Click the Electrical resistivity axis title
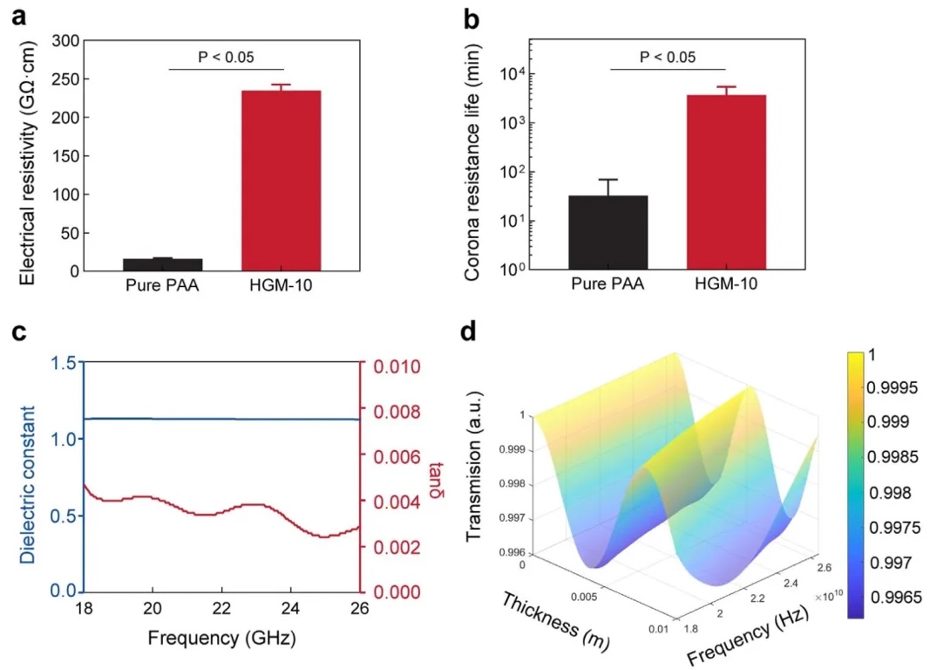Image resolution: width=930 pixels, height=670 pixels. point(27,156)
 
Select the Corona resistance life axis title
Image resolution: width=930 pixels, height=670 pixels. point(472,156)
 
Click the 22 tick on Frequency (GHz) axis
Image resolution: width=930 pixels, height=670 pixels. point(221,607)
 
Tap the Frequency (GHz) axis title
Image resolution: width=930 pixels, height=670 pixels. point(221,638)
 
